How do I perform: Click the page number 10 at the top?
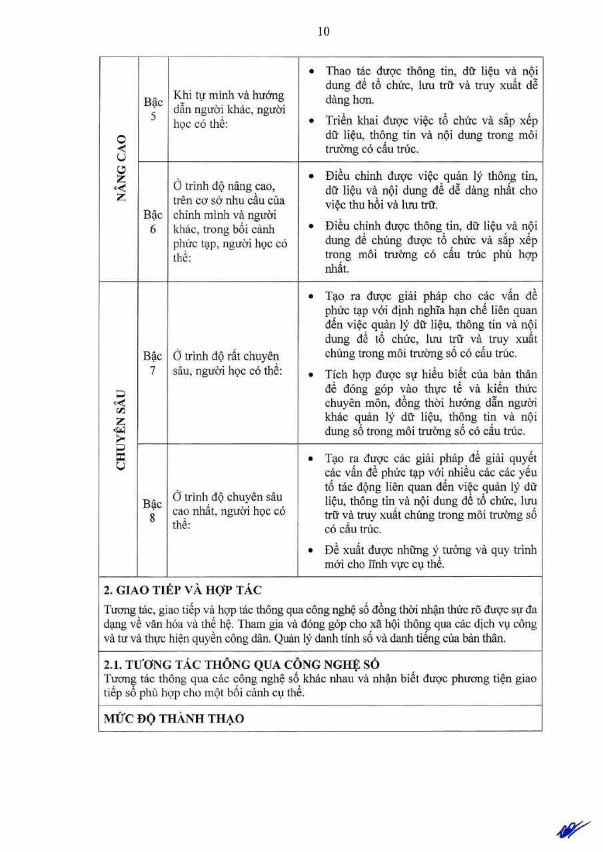pos(324,32)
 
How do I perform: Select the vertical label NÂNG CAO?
pos(120,169)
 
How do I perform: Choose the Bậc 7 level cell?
pos(153,363)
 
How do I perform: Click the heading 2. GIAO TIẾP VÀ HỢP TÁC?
pos(183,590)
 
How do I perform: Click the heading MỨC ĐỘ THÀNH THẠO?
pos(174,719)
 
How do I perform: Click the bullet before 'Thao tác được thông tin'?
pos(312,71)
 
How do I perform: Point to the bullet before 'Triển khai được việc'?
pos(312,121)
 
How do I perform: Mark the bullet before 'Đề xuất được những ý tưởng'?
pos(312,550)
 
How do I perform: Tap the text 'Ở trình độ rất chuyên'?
pos(226,355)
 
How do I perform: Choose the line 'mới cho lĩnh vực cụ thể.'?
pos(385,564)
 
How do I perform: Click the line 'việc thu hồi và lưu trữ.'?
pos(382,205)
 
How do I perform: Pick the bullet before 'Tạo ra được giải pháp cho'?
pos(312,296)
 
